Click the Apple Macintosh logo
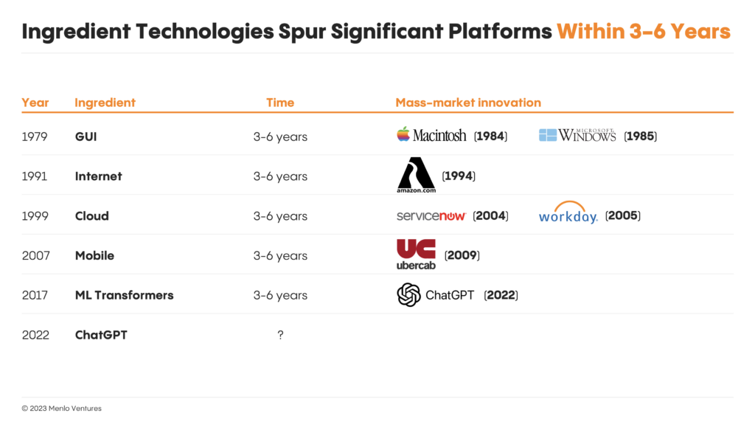coord(431,135)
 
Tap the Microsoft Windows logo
coord(577,136)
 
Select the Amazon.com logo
coord(416,176)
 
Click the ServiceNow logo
coord(431,216)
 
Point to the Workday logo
coord(568,212)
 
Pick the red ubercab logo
coord(416,255)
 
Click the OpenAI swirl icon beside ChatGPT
coord(408,295)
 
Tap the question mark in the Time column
coord(280,335)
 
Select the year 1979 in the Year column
coord(35,137)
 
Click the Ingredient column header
coord(105,103)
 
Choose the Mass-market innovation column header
coord(468,103)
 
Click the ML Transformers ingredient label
coord(124,295)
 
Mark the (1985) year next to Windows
coord(641,137)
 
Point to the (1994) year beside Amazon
coord(459,176)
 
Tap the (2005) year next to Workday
coord(622,215)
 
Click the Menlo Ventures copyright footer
coord(62,408)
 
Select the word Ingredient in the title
coord(76,32)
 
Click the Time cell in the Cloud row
coord(280,216)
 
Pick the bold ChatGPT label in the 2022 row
coord(101,335)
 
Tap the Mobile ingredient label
coord(94,255)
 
